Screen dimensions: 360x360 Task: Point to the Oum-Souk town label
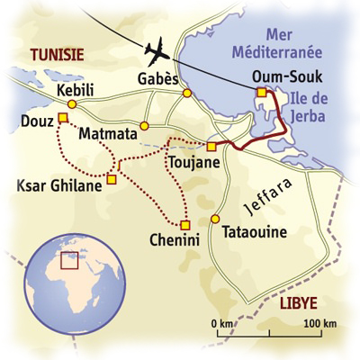tap(283, 76)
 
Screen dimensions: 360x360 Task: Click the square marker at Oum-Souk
tap(261, 92)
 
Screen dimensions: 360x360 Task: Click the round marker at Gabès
tap(187, 93)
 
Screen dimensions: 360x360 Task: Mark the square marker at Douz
tap(63, 118)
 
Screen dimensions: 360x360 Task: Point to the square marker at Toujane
tap(211, 146)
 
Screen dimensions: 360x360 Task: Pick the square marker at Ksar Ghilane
tap(112, 179)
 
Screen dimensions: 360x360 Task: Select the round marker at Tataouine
tap(215, 219)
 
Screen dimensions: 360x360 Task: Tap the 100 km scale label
tap(319, 323)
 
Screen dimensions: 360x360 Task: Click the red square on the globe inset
tap(67, 259)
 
